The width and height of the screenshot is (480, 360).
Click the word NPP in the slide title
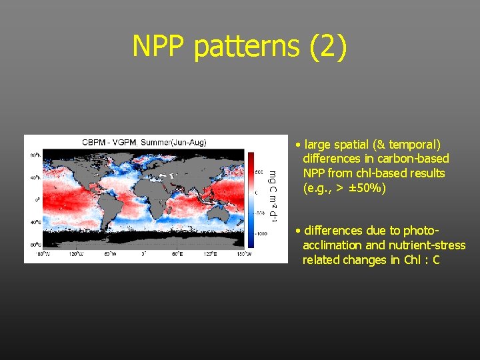pyautogui.click(x=160, y=46)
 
